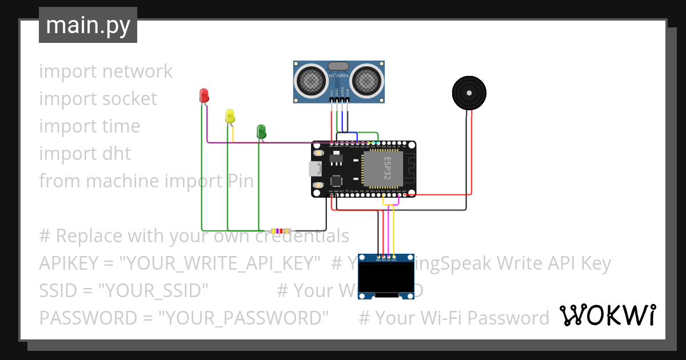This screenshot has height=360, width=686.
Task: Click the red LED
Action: pyautogui.click(x=204, y=96)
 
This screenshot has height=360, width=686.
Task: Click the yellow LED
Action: pyautogui.click(x=230, y=116)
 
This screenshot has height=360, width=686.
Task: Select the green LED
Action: pyautogui.click(x=261, y=131)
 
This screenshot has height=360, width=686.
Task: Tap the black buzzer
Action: pyautogui.click(x=469, y=92)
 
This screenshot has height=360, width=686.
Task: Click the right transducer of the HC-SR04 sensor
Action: pyautogui.click(x=367, y=81)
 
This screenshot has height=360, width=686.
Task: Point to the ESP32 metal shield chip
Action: pyautogui.click(x=382, y=169)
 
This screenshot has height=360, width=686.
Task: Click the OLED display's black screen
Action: pyautogui.click(x=386, y=277)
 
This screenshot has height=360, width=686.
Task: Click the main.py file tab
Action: pyautogui.click(x=88, y=25)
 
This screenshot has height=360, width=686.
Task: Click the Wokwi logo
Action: pyautogui.click(x=607, y=315)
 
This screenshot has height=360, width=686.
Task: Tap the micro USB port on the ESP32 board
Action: pyautogui.click(x=314, y=169)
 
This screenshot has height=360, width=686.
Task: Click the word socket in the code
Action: pyautogui.click(x=129, y=98)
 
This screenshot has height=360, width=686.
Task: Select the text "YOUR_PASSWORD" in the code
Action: pyautogui.click(x=244, y=318)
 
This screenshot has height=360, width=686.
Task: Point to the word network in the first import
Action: pyautogui.click(x=137, y=71)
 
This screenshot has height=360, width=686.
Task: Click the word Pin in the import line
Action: pyautogui.click(x=241, y=181)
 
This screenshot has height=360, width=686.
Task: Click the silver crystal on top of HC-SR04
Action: pyautogui.click(x=339, y=66)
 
